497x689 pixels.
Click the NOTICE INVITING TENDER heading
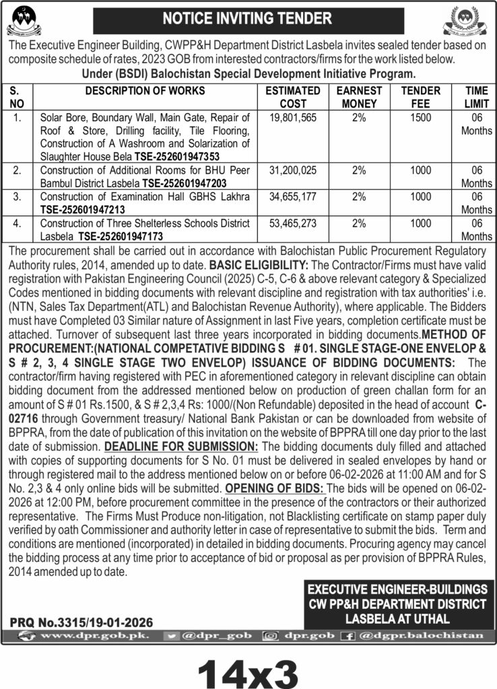coord(248,18)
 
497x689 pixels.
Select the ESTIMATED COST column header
coord(292,97)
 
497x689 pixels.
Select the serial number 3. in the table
coord(18,196)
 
